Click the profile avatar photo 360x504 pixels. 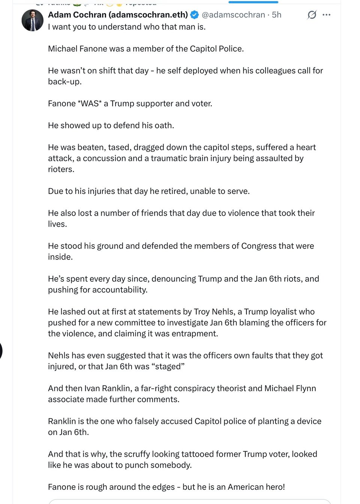(x=33, y=20)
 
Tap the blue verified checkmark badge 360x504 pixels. (x=195, y=15)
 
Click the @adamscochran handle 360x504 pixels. (x=233, y=15)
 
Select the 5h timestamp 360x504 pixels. (x=277, y=15)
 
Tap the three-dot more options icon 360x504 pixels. (x=327, y=15)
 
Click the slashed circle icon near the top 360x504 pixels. (x=312, y=15)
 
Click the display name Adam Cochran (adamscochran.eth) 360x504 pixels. (x=118, y=15)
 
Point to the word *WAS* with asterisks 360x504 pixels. (x=90, y=103)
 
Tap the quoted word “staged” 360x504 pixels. (x=168, y=366)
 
